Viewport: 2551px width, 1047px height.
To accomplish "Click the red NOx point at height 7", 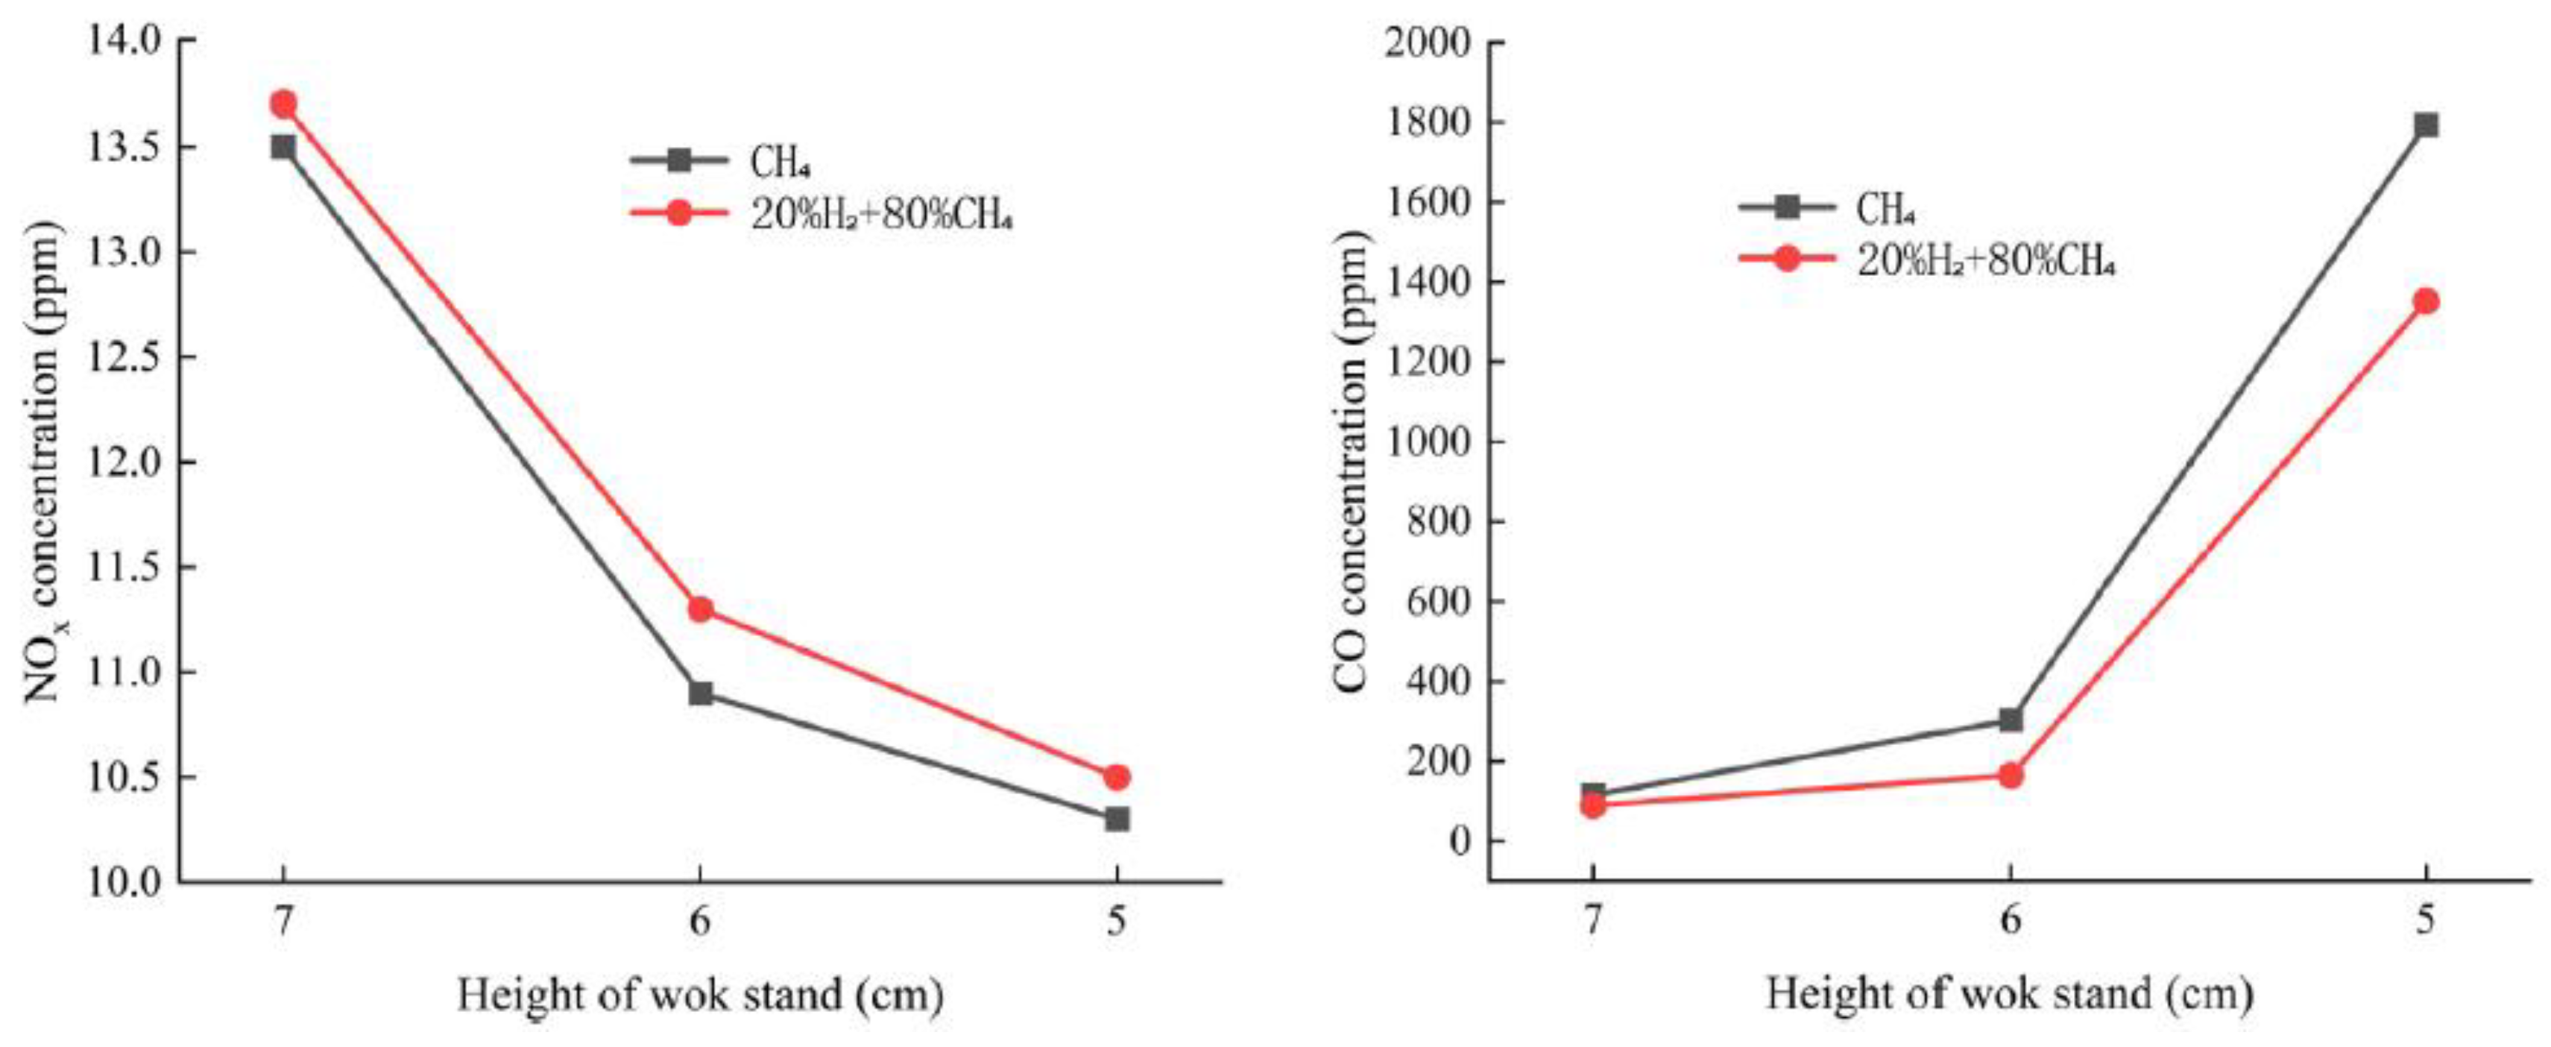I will tap(283, 103).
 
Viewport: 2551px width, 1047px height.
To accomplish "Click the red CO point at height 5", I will tap(2425, 301).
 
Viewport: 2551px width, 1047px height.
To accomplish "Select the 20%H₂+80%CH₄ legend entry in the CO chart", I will tap(1985, 260).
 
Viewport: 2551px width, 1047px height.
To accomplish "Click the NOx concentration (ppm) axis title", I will tap(45, 461).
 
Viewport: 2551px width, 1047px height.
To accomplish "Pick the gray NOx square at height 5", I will tap(1117, 819).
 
